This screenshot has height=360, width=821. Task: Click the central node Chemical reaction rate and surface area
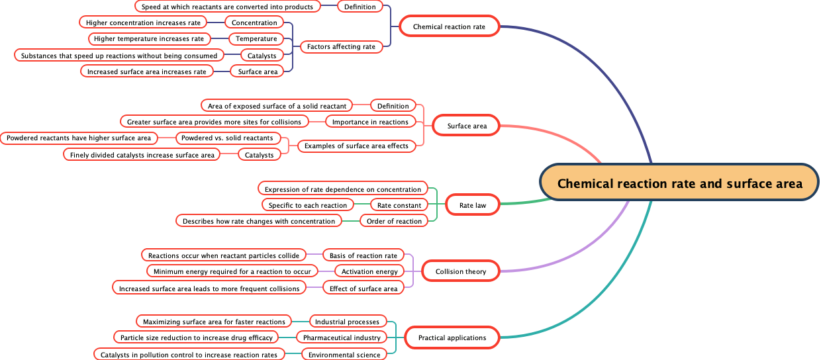point(680,183)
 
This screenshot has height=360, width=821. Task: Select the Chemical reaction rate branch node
point(449,27)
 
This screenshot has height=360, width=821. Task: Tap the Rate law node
point(473,205)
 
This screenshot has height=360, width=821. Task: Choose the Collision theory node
point(461,271)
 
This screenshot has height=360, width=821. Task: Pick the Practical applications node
point(452,337)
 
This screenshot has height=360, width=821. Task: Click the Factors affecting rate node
point(342,46)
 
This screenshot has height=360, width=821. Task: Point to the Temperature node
point(256,39)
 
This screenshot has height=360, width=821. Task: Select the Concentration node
point(254,22)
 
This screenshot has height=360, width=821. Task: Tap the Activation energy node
point(369,271)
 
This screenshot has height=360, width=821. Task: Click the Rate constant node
point(399,205)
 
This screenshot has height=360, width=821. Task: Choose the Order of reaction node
point(395,221)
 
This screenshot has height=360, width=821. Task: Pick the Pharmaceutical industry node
point(342,337)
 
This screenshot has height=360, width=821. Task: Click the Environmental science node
point(344,355)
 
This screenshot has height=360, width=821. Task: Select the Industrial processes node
point(347,322)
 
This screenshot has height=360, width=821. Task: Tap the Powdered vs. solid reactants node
point(228,138)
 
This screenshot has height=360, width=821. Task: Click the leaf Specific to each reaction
point(308,205)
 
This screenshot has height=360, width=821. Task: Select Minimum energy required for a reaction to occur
point(232,271)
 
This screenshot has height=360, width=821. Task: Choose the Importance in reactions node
point(370,122)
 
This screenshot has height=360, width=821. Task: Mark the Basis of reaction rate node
point(363,255)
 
